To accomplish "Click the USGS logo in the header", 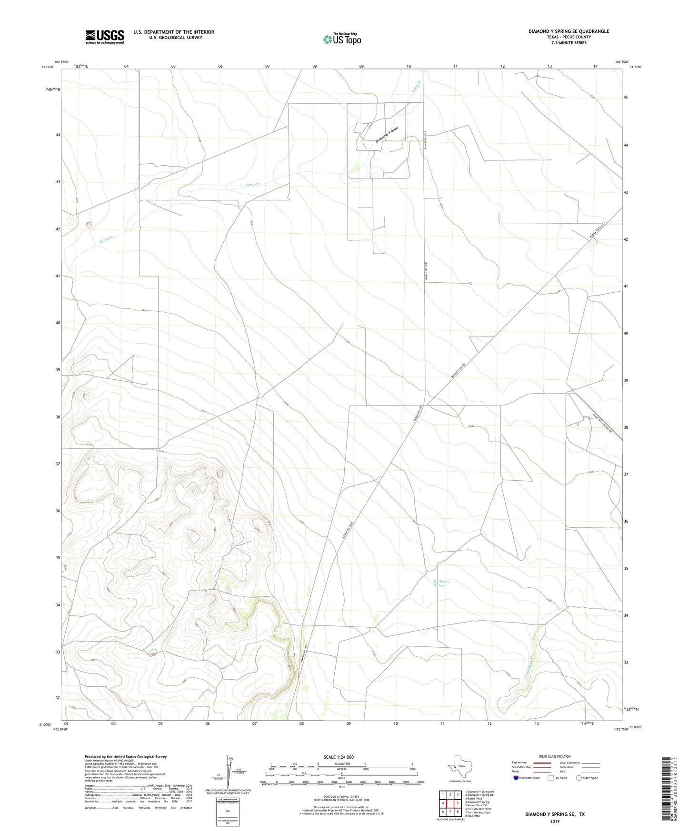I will tap(105, 37).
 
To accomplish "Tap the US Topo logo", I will tap(341, 39).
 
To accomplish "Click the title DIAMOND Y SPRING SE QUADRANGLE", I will tap(568, 31).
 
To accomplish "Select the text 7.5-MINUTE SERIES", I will tap(568, 43).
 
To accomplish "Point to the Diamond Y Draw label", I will tap(387, 135).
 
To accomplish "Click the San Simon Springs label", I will tap(439, 583).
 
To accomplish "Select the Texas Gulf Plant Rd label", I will tap(602, 423).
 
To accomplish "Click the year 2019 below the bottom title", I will tap(555, 821).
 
